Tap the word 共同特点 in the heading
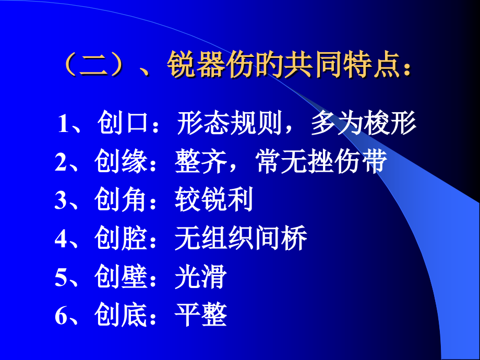[x=331, y=67]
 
